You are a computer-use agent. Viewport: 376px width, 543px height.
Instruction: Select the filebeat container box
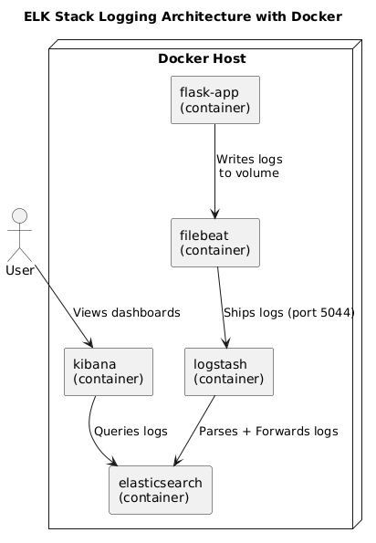coord(214,242)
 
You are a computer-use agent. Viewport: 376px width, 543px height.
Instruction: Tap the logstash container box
coord(229,371)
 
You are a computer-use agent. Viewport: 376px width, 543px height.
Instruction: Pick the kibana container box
coord(108,371)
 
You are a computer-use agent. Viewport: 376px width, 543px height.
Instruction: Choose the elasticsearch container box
coord(160,489)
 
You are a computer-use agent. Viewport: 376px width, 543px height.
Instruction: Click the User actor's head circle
coord(21,219)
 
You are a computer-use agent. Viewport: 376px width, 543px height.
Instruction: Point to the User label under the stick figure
coord(21,270)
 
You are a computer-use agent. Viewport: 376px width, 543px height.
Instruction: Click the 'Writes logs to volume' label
coord(249,166)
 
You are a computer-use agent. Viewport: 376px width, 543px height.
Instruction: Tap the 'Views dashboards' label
coord(126,312)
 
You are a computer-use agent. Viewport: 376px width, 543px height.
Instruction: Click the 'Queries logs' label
coord(131,431)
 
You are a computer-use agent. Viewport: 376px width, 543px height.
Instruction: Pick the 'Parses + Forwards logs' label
coord(268,431)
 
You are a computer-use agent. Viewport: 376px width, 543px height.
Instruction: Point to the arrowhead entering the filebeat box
coord(214,214)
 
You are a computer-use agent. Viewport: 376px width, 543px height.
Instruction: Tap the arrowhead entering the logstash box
coord(227,343)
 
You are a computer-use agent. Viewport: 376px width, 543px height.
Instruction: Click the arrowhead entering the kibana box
coord(91,342)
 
